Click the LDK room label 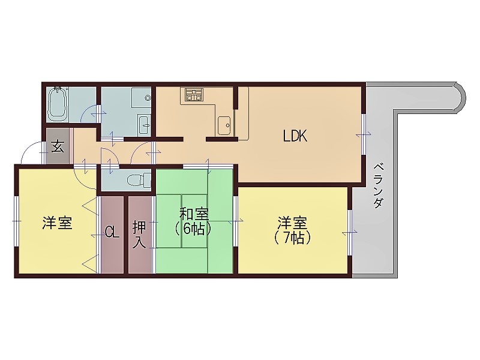point(295,136)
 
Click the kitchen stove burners point(194,94)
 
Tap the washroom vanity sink point(145,125)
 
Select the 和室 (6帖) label point(194,221)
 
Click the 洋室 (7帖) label point(293,229)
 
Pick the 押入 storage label point(139,235)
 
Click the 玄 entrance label point(58,146)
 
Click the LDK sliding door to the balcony point(364,134)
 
